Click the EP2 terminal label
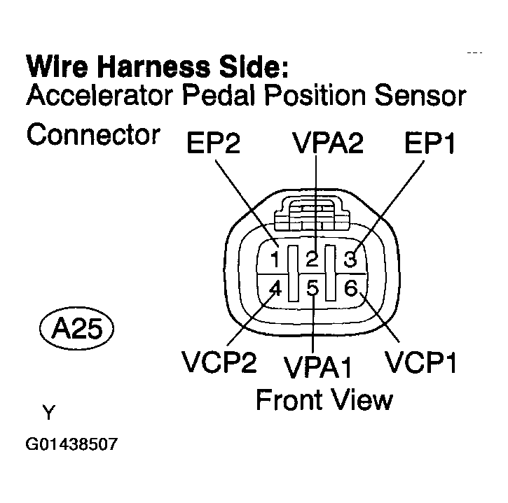click(214, 143)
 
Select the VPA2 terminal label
click(327, 143)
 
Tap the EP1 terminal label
click(430, 143)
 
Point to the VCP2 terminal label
click(219, 361)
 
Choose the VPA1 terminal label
click(317, 367)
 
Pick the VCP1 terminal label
click(420, 361)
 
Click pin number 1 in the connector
click(275, 260)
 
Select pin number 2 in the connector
click(313, 259)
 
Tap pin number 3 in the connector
click(350, 259)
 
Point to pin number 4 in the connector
click(275, 288)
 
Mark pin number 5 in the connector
click(313, 288)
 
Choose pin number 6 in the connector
click(350, 288)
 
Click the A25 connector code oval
click(77, 328)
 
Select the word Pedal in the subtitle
click(220, 95)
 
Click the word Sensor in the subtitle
click(420, 95)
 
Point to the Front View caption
click(324, 399)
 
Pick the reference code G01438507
click(71, 444)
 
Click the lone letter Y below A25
click(49, 412)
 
